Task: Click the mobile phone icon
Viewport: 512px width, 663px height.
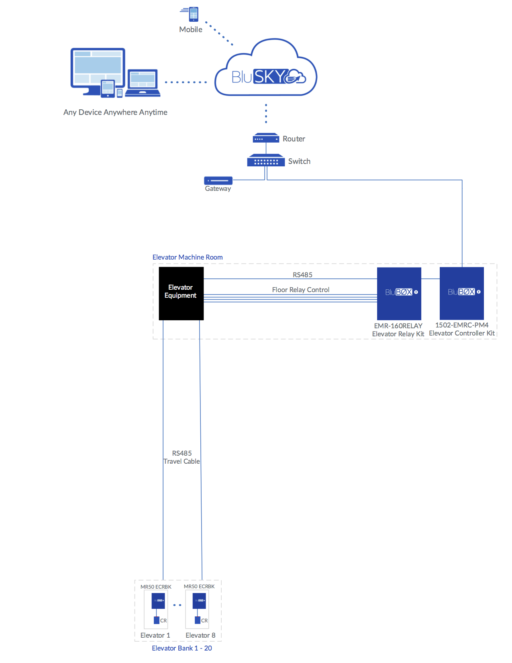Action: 194,14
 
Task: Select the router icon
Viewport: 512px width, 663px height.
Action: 266,139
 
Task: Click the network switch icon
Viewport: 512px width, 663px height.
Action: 266,161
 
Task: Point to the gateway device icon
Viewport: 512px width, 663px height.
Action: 218,180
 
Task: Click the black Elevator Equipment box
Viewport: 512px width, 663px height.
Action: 181,293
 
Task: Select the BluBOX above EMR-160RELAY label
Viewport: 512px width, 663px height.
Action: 399,293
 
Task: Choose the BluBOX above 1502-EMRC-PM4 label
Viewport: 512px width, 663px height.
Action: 461,293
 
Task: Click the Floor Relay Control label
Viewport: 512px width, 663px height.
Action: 300,290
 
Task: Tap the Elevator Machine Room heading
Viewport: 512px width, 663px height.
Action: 188,257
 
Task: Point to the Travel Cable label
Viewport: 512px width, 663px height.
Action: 182,461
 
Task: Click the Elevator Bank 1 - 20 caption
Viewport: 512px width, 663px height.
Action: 182,648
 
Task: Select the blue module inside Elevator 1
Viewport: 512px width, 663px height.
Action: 158,601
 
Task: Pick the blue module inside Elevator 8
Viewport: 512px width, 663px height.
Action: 199,601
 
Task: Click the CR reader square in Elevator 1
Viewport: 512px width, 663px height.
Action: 157,620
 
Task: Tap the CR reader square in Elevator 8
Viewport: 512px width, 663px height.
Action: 198,620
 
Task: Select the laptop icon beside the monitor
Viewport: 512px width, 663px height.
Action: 143,83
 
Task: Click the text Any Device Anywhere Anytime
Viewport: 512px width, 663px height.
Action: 115,112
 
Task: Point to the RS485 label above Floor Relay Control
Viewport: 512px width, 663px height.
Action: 302,275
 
